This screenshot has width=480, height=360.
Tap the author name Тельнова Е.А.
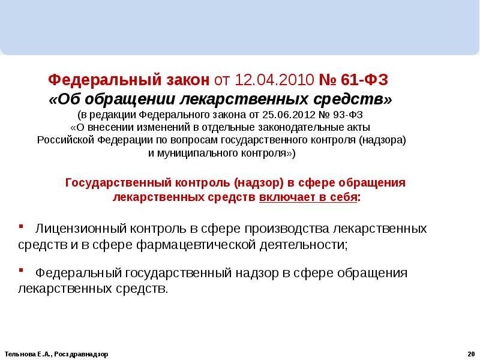(x=25, y=354)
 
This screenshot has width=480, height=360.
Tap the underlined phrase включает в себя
(x=308, y=197)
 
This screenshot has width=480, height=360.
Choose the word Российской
(x=65, y=140)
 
